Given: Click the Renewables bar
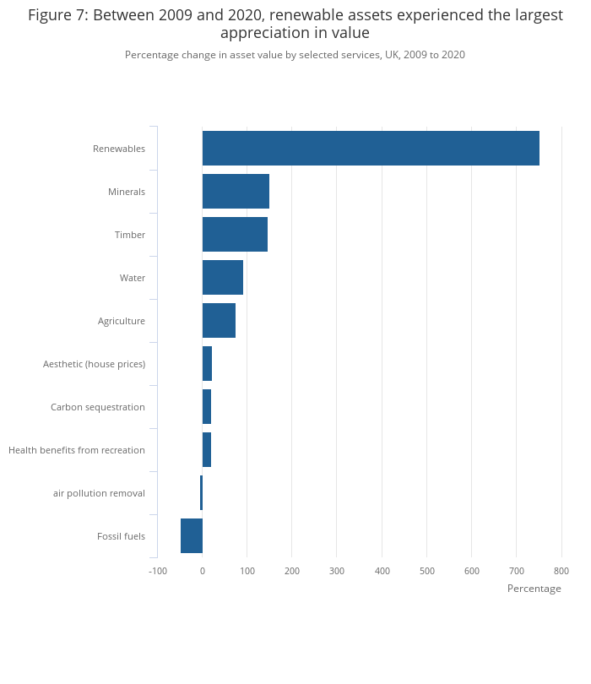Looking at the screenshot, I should coord(371,148).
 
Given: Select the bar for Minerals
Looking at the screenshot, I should coord(236,192).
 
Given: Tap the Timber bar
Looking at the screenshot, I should coord(235,235).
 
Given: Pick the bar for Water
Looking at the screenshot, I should coord(223,278).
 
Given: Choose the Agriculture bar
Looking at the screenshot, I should coord(219,321).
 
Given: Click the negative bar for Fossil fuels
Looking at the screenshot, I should coord(192,536).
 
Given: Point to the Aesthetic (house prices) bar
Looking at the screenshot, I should coord(207,364).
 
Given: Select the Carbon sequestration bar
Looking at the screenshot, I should coord(207,407).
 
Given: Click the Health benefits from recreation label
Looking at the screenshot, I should coord(77,450).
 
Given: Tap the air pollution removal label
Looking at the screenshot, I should coord(99,493).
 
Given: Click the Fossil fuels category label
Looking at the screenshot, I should coord(121,536).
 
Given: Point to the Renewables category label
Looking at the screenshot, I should coord(119,149).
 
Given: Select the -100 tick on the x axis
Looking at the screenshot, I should coord(158,571).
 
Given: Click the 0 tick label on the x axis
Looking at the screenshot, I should coord(203,571).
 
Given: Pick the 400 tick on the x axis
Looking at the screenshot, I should coord(382,571).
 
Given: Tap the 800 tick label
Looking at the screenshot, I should coord(561,571).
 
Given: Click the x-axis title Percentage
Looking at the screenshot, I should coord(534,589).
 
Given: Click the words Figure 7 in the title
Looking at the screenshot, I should coord(57,15).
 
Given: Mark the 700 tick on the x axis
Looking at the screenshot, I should coord(517,571).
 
